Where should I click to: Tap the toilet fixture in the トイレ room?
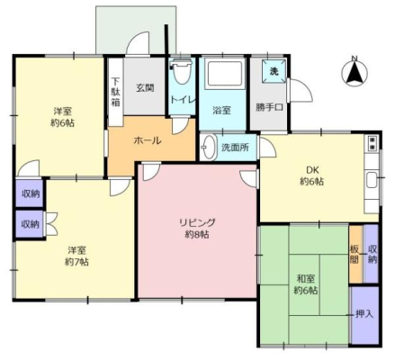coord(181,71)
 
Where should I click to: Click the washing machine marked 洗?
coord(274,71)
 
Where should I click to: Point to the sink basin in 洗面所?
coord(209,147)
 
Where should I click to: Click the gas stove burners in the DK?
coord(373,143)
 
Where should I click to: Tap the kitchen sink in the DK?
coord(372,180)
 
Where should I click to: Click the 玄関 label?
coord(145,88)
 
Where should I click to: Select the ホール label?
coord(148,140)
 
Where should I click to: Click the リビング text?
coord(197,222)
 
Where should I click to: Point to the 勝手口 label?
coord(269,107)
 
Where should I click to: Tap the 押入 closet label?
coord(364,314)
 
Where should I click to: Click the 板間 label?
coord(355,255)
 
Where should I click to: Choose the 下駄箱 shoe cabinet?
coord(115,92)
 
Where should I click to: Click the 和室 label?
coord(306,279)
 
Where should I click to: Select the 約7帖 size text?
coord(76,262)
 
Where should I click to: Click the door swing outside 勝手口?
coord(300,90)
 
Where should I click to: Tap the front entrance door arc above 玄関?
coord(138,44)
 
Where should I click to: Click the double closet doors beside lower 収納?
coord(50,224)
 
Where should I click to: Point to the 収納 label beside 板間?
coord(373,255)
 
